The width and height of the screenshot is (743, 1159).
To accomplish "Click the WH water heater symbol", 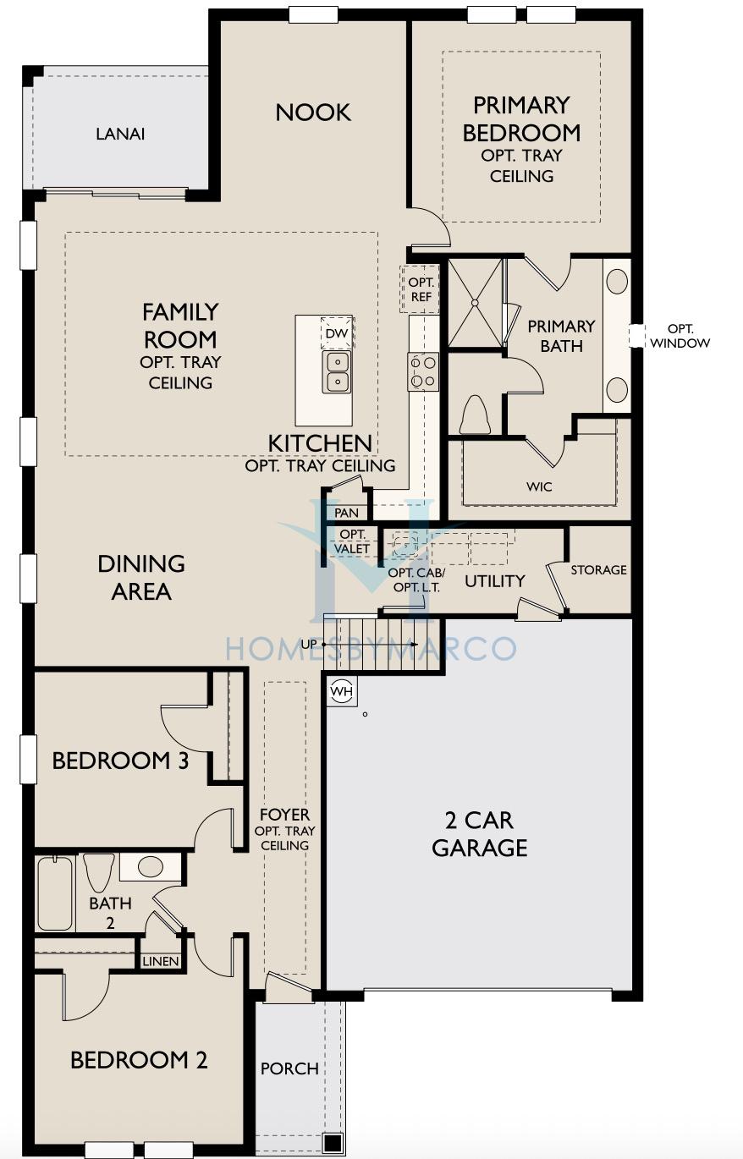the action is click(342, 690).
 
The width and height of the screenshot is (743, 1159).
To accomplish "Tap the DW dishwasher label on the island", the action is click(337, 333).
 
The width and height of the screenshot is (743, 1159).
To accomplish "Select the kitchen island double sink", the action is click(336, 371).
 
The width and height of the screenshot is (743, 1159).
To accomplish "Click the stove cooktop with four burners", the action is click(423, 371).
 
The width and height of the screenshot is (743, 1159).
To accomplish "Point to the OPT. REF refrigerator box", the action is click(420, 289).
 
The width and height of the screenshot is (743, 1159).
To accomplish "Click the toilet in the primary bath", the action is click(476, 414).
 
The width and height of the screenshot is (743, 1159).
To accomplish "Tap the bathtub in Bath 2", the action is click(54, 893).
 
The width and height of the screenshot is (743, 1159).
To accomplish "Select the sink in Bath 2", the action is click(150, 866).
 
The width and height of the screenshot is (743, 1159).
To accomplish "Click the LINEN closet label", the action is click(161, 961).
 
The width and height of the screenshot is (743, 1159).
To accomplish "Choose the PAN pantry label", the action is click(346, 513).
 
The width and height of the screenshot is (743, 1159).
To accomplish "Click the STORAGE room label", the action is click(598, 569).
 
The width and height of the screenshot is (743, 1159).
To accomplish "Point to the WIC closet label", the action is click(539, 486).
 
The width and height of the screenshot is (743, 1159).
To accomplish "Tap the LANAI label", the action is click(120, 134).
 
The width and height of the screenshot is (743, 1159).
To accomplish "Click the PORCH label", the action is click(289, 1068).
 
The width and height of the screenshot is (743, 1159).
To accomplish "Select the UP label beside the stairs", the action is click(308, 644).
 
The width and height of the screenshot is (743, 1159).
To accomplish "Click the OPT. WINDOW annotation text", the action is click(680, 336).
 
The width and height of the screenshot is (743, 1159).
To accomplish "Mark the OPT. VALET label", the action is click(352, 541).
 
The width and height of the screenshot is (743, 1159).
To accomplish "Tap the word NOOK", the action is click(313, 113).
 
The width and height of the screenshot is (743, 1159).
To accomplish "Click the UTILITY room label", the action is click(495, 581).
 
